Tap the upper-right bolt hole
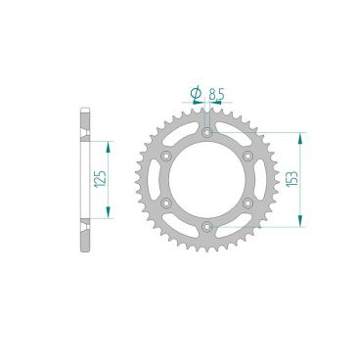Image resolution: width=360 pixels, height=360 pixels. point(248,155)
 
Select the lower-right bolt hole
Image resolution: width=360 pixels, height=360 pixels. point(248,202)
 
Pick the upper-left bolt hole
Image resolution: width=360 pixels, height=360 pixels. point(166,155)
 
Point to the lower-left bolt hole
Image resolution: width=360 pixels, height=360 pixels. point(166,202)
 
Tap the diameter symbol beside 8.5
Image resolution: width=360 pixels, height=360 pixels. point(196,95)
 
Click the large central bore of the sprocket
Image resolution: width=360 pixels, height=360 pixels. point(207,179)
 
